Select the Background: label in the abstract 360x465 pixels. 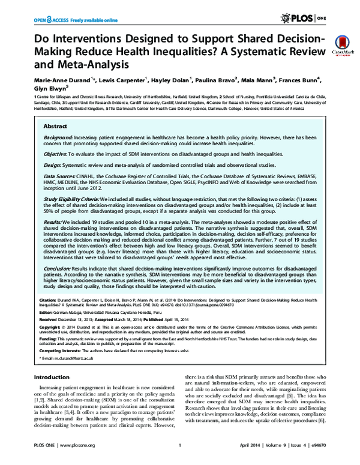point(62,137)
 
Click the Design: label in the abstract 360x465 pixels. point(55,164)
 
